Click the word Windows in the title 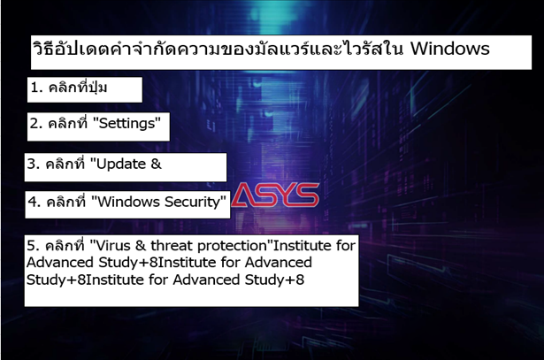pyautogui.click(x=450, y=49)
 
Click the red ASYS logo pyautogui.click(x=275, y=195)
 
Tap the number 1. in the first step pyautogui.click(x=37, y=88)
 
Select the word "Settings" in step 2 pyautogui.click(x=127, y=123)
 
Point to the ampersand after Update pyautogui.click(x=156, y=164)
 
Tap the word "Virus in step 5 pyautogui.click(x=110, y=246)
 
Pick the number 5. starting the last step pyautogui.click(x=34, y=246)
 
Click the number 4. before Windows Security pyautogui.click(x=34, y=202)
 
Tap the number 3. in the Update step pyautogui.click(x=34, y=164)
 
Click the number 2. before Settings pyautogui.click(x=35, y=123)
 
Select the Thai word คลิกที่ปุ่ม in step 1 pyautogui.click(x=78, y=87)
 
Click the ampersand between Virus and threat pyautogui.click(x=141, y=246)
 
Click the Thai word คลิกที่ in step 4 pyautogui.click(x=66, y=201)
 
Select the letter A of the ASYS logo pyautogui.click(x=244, y=195)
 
